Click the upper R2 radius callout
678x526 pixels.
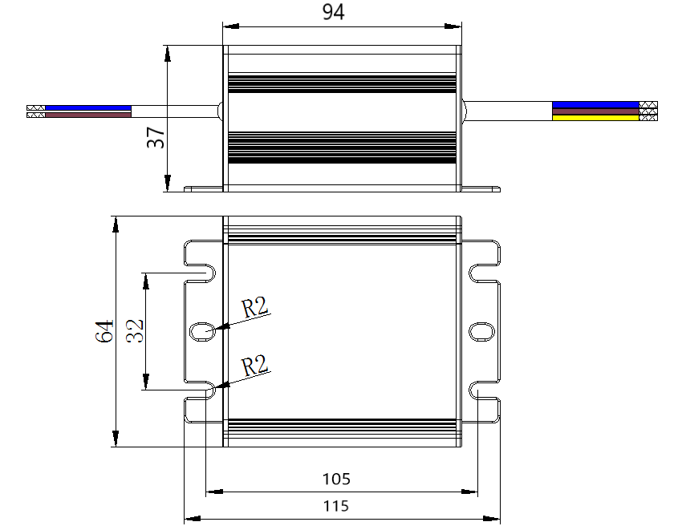click(255, 306)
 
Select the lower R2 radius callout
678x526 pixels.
click(255, 366)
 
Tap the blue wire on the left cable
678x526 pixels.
click(88, 107)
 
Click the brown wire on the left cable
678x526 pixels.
click(88, 115)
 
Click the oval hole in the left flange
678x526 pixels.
click(201, 330)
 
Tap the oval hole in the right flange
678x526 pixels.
click(481, 330)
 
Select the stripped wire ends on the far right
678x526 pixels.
click(648, 111)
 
